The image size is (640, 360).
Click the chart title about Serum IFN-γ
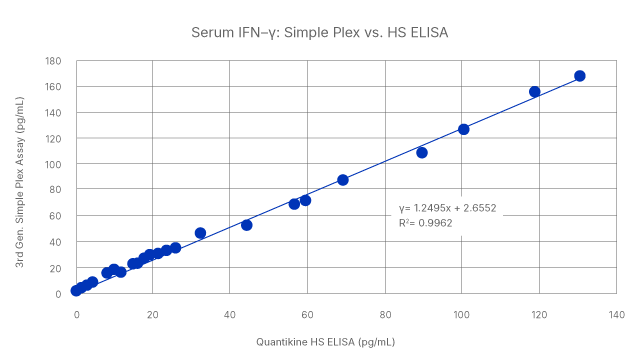point(319,32)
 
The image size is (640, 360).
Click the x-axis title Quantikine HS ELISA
point(327,340)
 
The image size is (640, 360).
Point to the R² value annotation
point(425,224)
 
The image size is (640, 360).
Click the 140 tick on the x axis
point(615,313)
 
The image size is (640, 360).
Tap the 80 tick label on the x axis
point(384,313)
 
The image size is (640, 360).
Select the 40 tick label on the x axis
point(230,313)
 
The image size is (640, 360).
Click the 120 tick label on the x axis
point(538,313)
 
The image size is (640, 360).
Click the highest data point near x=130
point(580,76)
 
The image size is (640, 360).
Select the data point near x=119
point(535,92)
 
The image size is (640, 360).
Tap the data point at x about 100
point(463,129)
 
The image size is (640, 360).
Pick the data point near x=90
point(422,153)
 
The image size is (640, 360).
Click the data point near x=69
point(343,180)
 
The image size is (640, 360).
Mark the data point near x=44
point(247,225)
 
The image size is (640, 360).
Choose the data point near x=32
point(200,233)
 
